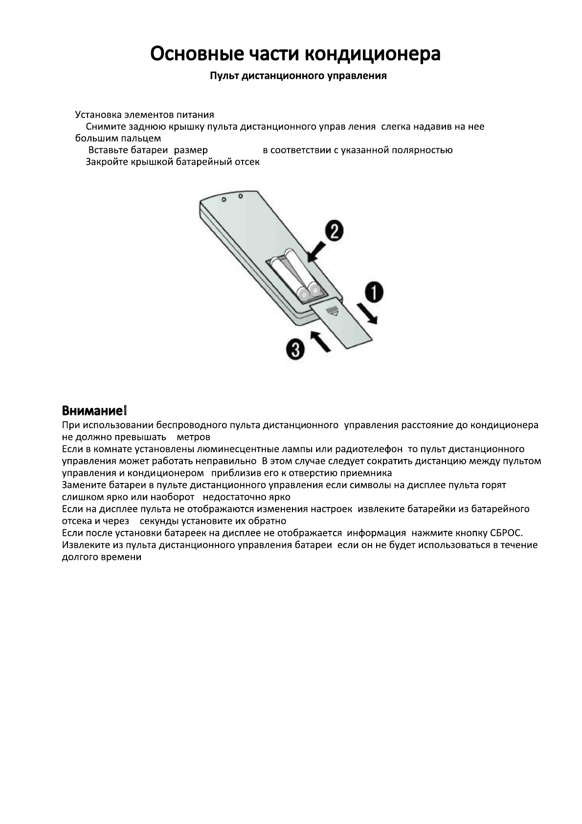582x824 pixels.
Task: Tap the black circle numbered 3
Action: pyautogui.click(x=295, y=350)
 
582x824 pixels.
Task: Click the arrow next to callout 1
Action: pyautogui.click(x=366, y=314)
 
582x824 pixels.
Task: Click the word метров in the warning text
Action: pyautogui.click(x=194, y=437)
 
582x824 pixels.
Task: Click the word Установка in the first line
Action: pyautogui.click(x=97, y=115)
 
